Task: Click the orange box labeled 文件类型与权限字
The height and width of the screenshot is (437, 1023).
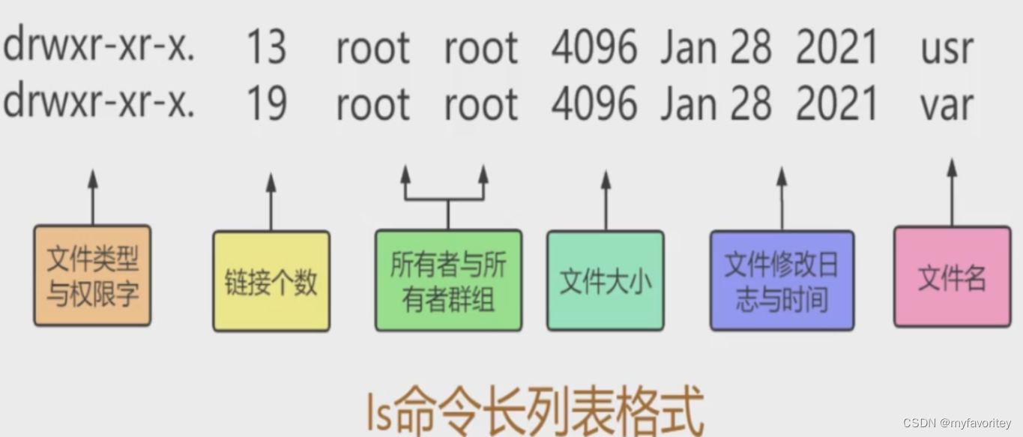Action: (x=92, y=276)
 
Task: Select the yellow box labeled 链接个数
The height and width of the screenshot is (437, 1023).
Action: (x=271, y=282)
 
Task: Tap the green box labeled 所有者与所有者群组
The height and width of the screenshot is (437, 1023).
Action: (x=448, y=281)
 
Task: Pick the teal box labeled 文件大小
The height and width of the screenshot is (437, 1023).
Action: (x=606, y=281)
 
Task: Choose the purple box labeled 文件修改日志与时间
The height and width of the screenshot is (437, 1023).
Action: (x=782, y=281)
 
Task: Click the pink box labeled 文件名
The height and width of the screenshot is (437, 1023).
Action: (x=952, y=277)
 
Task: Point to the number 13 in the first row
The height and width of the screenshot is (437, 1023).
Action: (x=266, y=48)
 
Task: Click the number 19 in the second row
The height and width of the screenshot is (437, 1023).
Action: (x=266, y=103)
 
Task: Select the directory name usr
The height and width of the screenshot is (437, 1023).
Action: (x=947, y=48)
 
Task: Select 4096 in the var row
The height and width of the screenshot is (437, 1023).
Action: (x=594, y=103)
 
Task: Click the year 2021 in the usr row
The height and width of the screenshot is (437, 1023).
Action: (x=836, y=48)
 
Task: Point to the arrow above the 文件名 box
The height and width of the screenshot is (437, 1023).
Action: (x=952, y=191)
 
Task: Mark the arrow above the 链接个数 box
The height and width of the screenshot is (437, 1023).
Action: (x=271, y=201)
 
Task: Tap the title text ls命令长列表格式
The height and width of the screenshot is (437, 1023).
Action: (x=535, y=409)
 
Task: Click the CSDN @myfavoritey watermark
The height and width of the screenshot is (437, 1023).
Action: (x=957, y=424)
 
